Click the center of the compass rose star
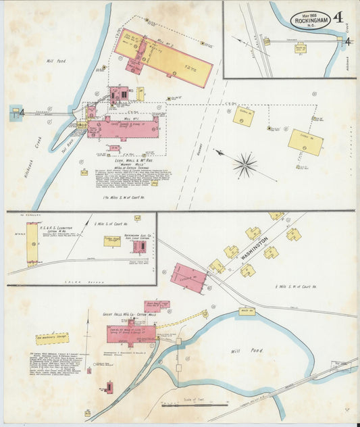(245, 164)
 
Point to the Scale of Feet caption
(191, 399)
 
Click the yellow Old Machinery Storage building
(52, 338)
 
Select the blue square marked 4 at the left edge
(15, 112)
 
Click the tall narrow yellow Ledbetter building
(32, 243)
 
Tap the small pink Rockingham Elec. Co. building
(139, 247)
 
